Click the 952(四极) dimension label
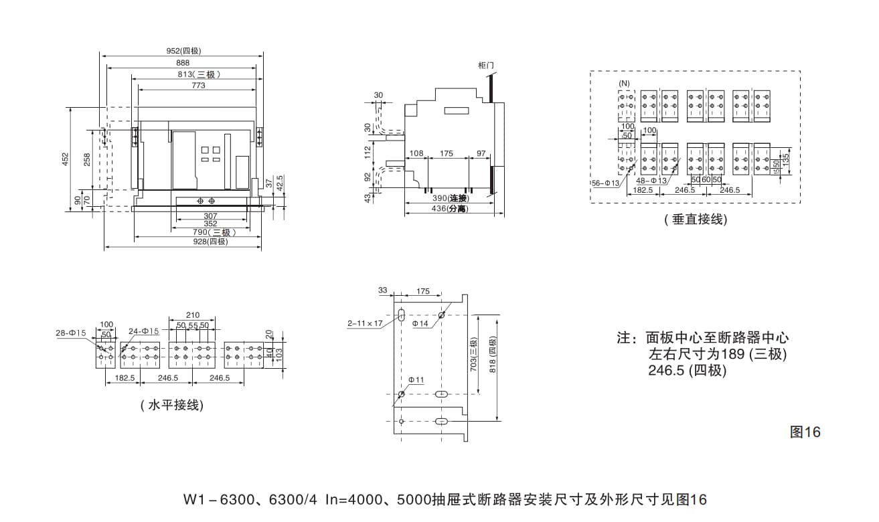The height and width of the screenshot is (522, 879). [183, 51]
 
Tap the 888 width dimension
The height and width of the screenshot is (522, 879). [183, 63]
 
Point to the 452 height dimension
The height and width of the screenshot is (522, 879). [66, 159]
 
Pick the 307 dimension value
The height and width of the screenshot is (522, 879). [210, 215]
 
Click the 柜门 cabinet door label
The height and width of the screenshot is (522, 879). [486, 65]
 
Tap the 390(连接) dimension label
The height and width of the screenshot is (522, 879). [449, 198]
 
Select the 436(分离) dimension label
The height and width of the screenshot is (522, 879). [449, 209]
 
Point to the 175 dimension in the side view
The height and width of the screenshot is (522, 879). [447, 154]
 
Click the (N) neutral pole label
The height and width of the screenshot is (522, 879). [624, 83]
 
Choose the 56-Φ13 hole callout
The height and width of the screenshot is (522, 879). [605, 182]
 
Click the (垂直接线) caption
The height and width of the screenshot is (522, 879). [696, 220]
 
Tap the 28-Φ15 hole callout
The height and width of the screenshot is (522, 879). [71, 332]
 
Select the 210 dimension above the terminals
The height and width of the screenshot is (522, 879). [193, 315]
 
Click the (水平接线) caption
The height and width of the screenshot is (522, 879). [172, 406]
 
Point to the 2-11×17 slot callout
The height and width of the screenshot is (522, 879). [364, 323]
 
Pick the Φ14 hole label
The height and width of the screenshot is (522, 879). [420, 324]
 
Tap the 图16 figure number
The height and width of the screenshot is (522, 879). [805, 432]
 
